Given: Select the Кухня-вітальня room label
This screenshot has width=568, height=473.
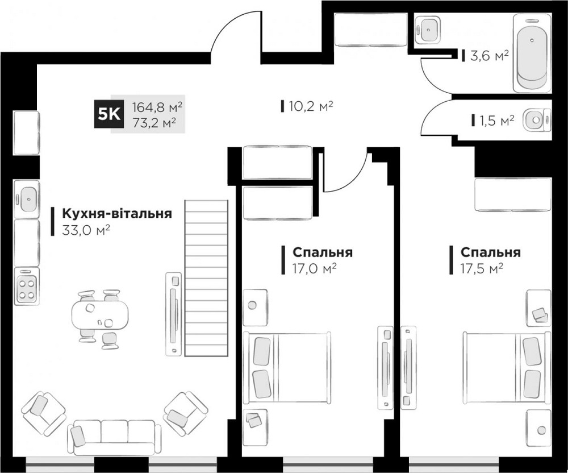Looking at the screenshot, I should tap(116, 214).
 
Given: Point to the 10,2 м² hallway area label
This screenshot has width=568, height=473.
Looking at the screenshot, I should tap(310, 105).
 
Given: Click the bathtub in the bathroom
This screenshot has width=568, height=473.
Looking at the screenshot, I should tap(532, 53).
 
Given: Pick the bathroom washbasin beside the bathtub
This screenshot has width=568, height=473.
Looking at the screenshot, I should tap(427, 29).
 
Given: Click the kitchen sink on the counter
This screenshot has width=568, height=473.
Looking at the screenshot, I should tap(26, 198).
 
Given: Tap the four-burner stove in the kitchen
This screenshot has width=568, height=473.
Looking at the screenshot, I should tap(26, 288).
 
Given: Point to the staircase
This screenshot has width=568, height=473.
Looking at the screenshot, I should tap(206, 279).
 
